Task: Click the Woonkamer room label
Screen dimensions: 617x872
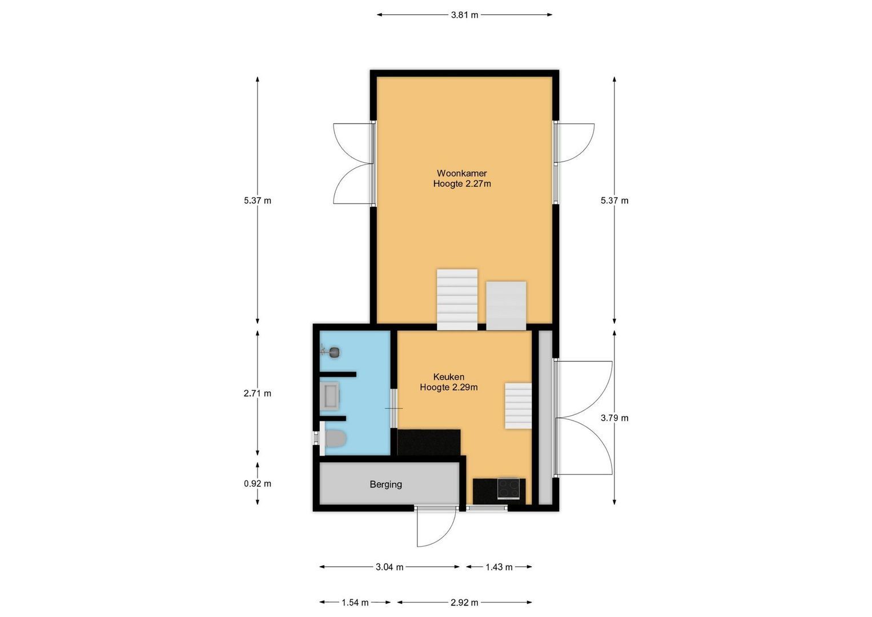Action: [x=461, y=173]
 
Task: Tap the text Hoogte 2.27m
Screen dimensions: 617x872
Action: [x=461, y=184]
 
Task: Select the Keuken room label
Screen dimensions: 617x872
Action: [x=448, y=377]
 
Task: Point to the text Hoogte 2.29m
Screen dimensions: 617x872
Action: [x=448, y=387]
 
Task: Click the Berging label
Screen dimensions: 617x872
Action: [x=385, y=484]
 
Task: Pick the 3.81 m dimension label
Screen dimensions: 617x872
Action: [x=464, y=15]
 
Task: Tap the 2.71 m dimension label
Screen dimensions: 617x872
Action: [x=257, y=393]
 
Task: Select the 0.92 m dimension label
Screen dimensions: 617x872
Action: [x=257, y=483]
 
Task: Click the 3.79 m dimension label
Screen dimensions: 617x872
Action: [x=614, y=418]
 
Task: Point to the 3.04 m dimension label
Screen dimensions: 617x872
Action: [x=389, y=567]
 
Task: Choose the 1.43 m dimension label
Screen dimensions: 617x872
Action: [x=499, y=567]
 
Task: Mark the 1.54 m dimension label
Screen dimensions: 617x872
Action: [x=355, y=602]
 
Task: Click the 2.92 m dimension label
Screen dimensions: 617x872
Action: [x=464, y=602]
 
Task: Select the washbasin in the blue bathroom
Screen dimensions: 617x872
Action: [x=330, y=396]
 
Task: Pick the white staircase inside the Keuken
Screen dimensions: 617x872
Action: [x=518, y=406]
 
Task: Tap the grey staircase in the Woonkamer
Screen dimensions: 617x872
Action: [x=505, y=306]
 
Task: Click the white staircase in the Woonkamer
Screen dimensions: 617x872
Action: [x=457, y=299]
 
